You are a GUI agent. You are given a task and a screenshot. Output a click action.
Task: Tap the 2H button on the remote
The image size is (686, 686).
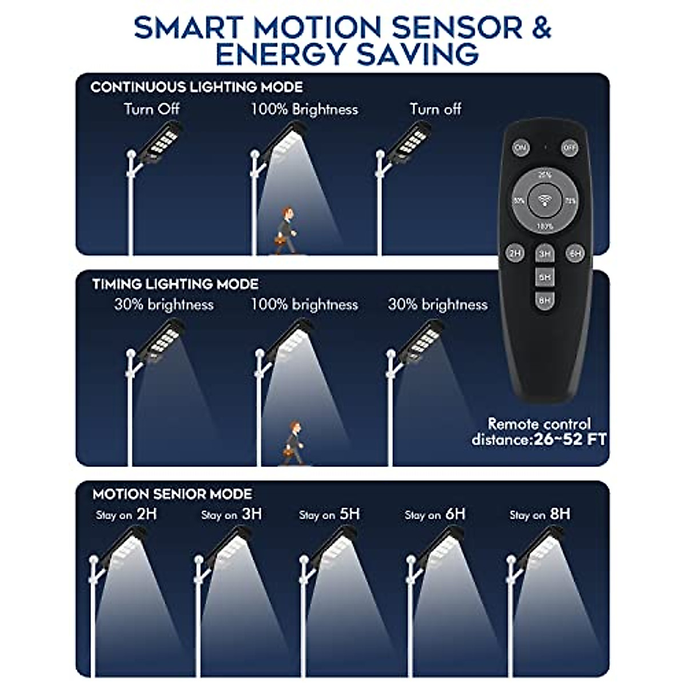(x=514, y=253)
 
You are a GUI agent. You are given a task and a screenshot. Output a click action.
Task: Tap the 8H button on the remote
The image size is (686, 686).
(x=544, y=300)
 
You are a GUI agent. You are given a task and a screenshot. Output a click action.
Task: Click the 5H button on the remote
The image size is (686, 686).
(x=544, y=277)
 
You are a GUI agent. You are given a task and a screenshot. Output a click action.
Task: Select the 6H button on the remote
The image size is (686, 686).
(x=575, y=253)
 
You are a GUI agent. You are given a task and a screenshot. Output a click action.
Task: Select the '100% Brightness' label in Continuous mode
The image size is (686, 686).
(x=304, y=109)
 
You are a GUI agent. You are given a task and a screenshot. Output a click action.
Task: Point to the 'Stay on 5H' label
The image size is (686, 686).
(x=329, y=514)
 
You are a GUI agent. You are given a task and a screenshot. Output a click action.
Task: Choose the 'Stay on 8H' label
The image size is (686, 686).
(x=540, y=514)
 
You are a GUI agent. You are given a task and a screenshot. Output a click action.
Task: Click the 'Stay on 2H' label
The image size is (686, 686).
(x=126, y=514)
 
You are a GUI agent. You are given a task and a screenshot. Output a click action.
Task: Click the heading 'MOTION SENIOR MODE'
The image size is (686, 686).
(x=172, y=494)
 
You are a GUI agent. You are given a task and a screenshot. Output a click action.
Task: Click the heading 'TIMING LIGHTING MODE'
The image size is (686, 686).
(x=175, y=284)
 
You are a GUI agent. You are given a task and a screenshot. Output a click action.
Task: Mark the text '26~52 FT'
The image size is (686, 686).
(x=569, y=440)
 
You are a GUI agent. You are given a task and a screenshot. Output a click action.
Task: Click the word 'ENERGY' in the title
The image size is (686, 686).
(x=281, y=55)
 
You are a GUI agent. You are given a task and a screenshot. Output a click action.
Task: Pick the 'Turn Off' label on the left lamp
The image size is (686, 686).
(x=151, y=109)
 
